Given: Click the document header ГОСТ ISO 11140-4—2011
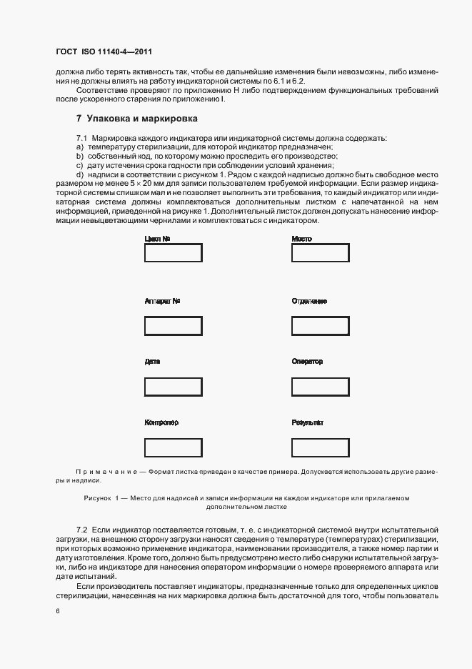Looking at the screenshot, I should (x=104, y=52).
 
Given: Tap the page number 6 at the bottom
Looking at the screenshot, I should (x=57, y=611).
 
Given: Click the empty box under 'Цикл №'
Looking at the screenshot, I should (x=173, y=253).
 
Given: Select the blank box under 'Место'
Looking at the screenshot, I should (x=320, y=253).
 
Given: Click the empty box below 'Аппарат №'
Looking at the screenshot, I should (x=173, y=326).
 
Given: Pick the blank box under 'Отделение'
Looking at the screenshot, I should (x=320, y=326).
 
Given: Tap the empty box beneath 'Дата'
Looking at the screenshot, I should (x=173, y=387).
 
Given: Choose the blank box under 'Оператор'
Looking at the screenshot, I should (x=320, y=387).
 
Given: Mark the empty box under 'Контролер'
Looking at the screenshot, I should (x=173, y=447).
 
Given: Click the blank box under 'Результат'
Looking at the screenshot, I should (x=320, y=447).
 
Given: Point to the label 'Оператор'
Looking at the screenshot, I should (x=307, y=362).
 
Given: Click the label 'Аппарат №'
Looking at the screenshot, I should (x=162, y=301).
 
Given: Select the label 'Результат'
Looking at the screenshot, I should (x=308, y=422).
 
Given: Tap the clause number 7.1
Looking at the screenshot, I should (x=81, y=137).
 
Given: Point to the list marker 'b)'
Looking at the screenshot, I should (x=80, y=156).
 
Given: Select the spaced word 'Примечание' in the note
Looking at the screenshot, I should (x=107, y=472).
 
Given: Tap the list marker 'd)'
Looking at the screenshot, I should (x=80, y=174).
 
